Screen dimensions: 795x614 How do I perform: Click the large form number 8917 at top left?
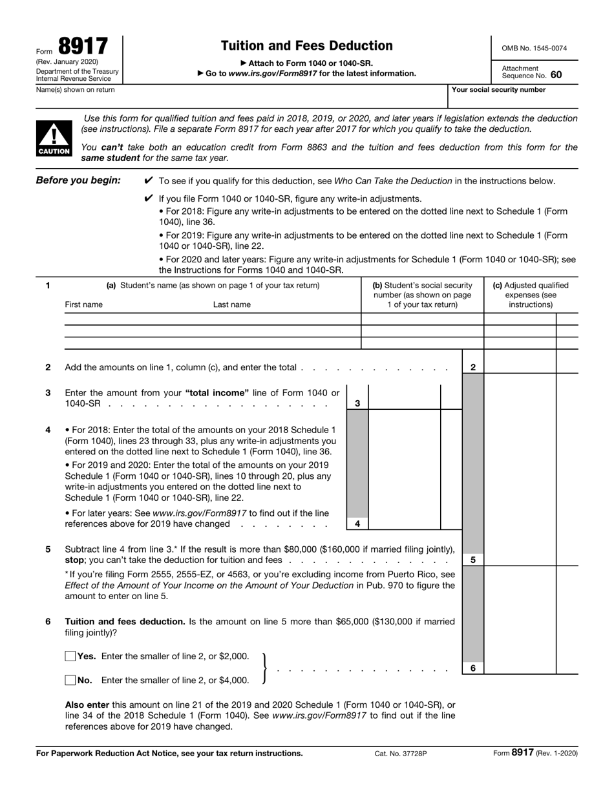83,47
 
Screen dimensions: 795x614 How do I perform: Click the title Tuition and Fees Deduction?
306,46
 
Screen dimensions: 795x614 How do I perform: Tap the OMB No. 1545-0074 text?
535,48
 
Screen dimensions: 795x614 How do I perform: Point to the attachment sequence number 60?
556,75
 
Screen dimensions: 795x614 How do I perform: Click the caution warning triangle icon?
54,138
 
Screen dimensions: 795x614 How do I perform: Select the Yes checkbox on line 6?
70,656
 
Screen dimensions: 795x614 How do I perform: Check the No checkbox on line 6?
70,680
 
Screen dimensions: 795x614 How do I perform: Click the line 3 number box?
357,403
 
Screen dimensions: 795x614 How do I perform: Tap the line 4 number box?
357,524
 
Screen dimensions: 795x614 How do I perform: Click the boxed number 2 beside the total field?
473,367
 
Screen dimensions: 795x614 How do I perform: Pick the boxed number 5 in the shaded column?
473,560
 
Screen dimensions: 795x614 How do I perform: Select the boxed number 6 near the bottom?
473,668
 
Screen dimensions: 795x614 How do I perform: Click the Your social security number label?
498,90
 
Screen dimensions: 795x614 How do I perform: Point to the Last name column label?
232,304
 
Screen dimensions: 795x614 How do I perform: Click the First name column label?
83,304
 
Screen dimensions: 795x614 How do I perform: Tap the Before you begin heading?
78,180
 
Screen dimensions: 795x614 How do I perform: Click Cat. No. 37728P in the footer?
401,753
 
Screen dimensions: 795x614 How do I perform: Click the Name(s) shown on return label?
76,90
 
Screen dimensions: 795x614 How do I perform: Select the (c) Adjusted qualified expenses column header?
531,295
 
